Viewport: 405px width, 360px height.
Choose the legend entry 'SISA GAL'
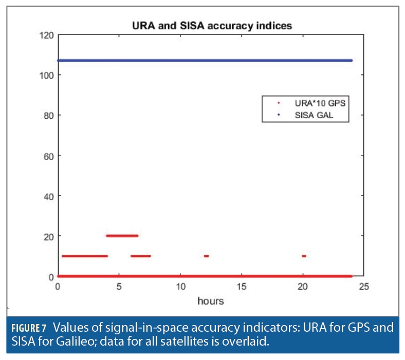coord(314,116)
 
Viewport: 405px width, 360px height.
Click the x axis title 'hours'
coord(211,300)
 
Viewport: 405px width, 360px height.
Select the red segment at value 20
coord(122,236)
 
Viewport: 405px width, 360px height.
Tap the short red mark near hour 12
coord(206,256)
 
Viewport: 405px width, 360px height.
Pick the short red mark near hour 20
coord(304,256)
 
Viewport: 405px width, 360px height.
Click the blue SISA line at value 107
coord(206,60)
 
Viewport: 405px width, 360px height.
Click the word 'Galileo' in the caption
coord(65,340)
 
